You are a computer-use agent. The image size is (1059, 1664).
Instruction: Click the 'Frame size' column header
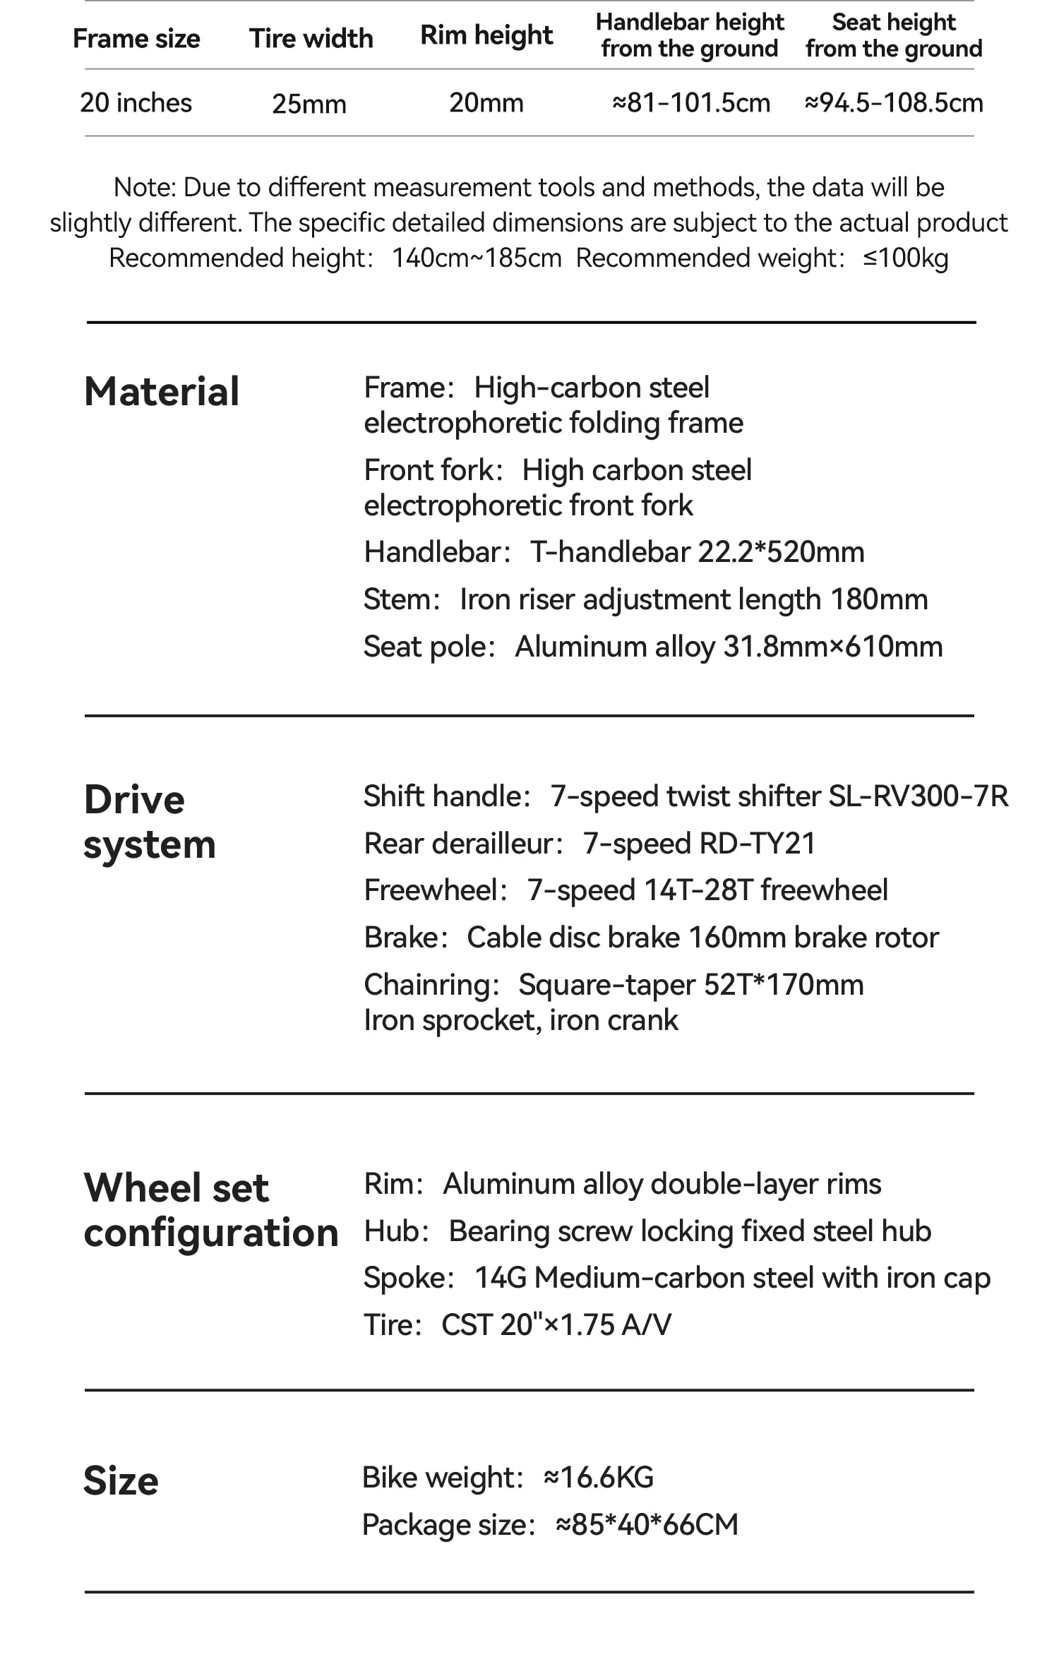(136, 39)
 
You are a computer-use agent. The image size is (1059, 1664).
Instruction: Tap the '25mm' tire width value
(309, 104)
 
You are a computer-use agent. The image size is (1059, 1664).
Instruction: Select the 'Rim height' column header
(486, 35)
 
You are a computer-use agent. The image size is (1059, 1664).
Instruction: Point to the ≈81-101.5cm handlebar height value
(690, 103)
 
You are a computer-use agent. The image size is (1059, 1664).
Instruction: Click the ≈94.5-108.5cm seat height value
(893, 103)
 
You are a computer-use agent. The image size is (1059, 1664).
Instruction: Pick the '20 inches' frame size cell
(136, 103)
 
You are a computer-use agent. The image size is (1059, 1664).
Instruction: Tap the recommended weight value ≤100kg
(905, 258)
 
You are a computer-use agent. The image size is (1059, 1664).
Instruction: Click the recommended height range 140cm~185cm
(477, 258)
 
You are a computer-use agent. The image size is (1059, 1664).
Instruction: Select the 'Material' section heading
(162, 391)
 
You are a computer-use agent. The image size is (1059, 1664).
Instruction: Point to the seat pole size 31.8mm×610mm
(833, 647)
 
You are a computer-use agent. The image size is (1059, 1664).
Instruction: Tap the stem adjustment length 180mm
(879, 599)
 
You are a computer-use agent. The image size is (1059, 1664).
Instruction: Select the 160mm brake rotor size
(737, 938)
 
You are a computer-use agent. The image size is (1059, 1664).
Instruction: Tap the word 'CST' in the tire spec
(467, 1325)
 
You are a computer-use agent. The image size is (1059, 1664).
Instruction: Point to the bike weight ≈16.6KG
(599, 1478)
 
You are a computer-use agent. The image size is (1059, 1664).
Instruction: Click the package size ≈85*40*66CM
(647, 1525)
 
